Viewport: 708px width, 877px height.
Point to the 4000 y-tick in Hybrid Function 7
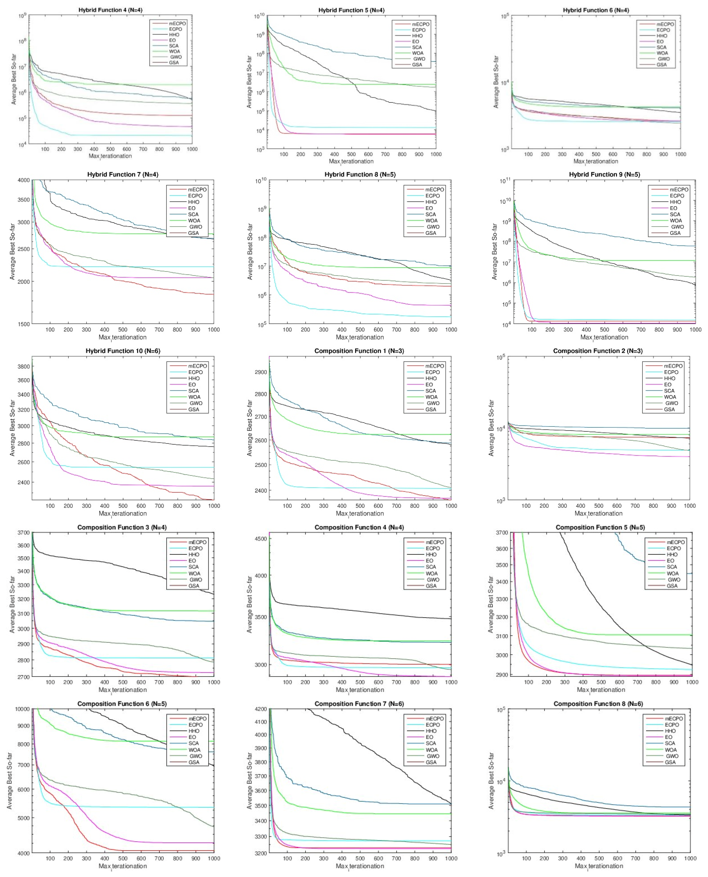pyautogui.click(x=24, y=180)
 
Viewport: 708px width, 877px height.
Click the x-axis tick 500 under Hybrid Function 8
pyautogui.click(x=360, y=329)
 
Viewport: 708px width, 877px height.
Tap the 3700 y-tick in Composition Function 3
pyautogui.click(x=24, y=532)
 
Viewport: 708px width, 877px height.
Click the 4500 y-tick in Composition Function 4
pyautogui.click(x=261, y=539)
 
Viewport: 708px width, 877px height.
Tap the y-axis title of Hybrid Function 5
pyautogui.click(x=249, y=82)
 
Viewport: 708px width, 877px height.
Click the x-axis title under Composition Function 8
pyautogui.click(x=599, y=866)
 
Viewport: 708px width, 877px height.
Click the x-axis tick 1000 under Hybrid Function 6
pyautogui.click(x=680, y=154)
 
